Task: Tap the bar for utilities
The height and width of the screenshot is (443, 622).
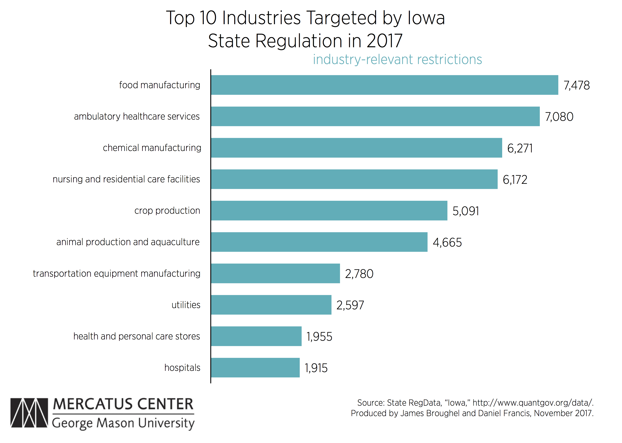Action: coord(271,305)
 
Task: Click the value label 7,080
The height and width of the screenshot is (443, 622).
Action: coord(559,117)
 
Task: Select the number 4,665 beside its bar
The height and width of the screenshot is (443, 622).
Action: coord(447,242)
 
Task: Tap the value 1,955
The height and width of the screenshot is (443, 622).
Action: coord(319,336)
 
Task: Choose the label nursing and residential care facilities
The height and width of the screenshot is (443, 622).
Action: coord(126,179)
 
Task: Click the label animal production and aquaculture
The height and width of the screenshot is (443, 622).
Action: coord(128,242)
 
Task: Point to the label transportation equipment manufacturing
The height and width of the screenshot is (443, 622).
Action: coord(116,273)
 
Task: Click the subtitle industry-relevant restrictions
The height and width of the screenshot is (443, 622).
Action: coord(397,60)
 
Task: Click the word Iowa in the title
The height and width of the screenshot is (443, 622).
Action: coord(426,18)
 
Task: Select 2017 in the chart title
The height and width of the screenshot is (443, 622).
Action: coord(384,41)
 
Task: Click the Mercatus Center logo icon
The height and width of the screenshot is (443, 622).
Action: coord(29,413)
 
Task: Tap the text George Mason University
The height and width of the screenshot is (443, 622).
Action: coord(123,423)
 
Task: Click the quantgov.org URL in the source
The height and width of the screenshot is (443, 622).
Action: coord(533,403)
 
